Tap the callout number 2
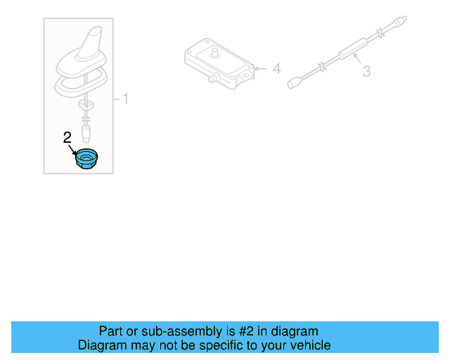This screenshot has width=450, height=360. pyautogui.click(x=67, y=138)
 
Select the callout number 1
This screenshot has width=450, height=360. pyautogui.click(x=125, y=99)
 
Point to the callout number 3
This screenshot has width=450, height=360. pyautogui.click(x=366, y=71)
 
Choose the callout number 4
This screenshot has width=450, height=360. pyautogui.click(x=276, y=69)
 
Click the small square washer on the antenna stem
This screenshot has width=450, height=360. pyautogui.click(x=87, y=103)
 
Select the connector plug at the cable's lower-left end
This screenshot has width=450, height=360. pyautogui.click(x=293, y=84)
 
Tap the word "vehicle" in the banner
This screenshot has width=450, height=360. pyautogui.click(x=311, y=345)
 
